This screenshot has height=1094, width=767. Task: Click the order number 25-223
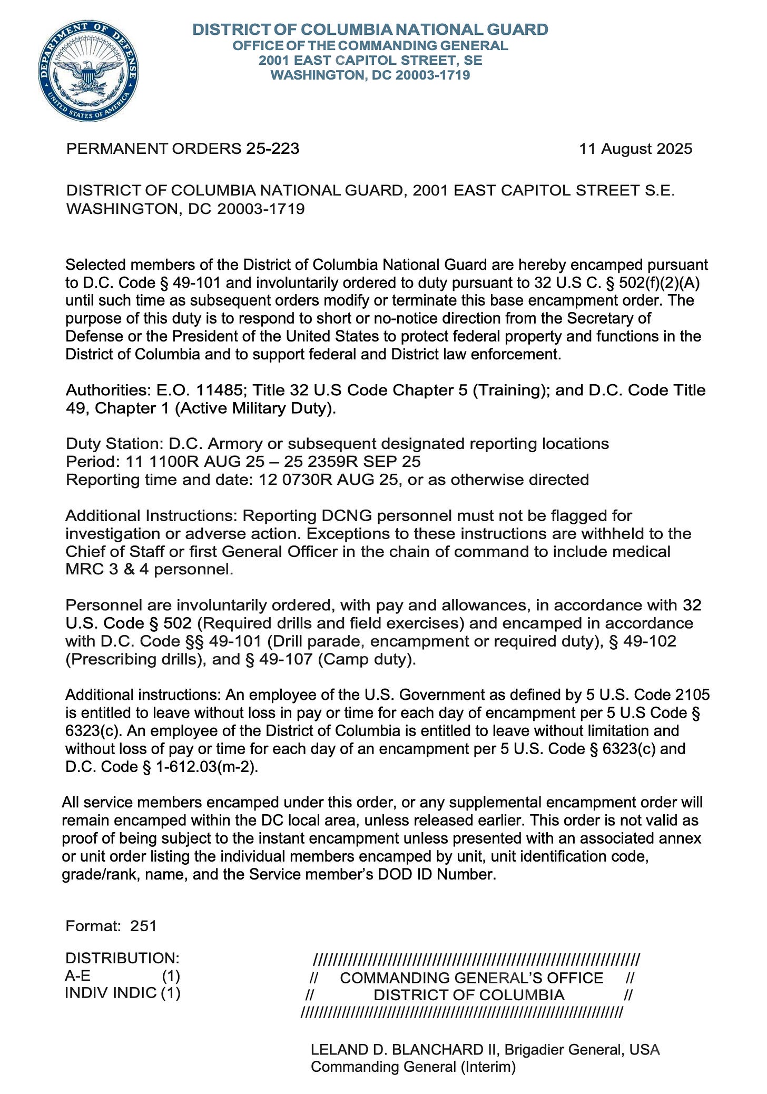[x=272, y=149]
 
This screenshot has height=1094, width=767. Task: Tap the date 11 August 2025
[x=635, y=149]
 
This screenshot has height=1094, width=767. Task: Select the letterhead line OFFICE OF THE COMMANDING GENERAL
[x=370, y=45]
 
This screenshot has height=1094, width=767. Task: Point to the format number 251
[x=144, y=925]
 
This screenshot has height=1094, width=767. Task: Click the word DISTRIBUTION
[x=122, y=958]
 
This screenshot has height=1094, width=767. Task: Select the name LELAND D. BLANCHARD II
[x=405, y=1049]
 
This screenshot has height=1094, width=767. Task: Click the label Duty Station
[x=114, y=444]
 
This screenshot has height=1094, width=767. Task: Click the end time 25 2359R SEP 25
[x=352, y=462]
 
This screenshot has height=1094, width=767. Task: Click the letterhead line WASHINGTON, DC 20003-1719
[x=370, y=75]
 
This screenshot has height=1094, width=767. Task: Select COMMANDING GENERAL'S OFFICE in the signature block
[x=471, y=978]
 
